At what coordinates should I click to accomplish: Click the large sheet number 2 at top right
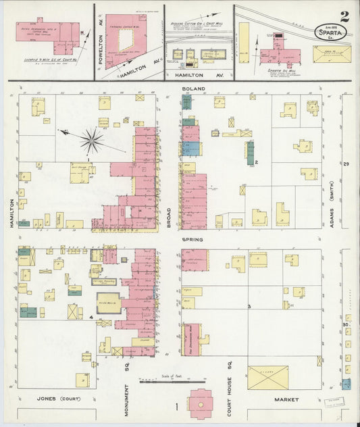tap(345, 16)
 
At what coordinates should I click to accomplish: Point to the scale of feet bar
tap(172, 382)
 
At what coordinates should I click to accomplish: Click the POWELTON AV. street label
tap(99, 49)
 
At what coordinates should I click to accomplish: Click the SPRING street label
tap(193, 239)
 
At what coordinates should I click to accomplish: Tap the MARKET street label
tap(286, 400)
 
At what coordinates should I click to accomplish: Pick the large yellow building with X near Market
tap(267, 377)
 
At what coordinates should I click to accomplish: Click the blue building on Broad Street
tap(190, 149)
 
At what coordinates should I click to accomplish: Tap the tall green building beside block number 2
tap(250, 153)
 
